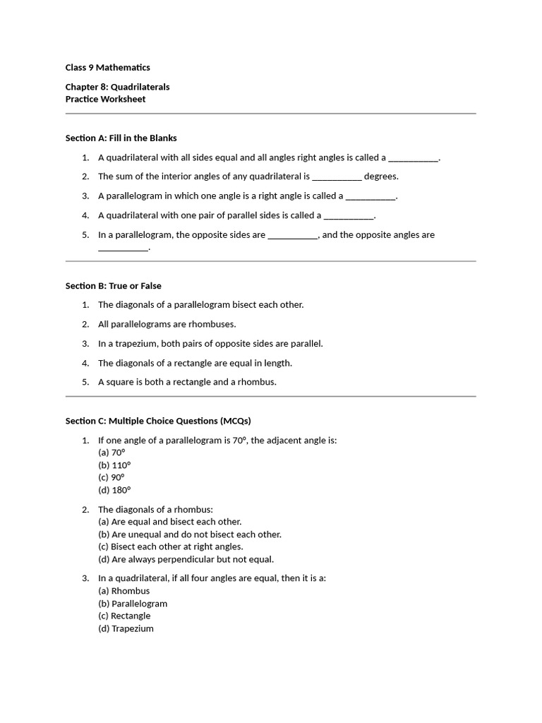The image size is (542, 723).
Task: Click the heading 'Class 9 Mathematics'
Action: (107, 68)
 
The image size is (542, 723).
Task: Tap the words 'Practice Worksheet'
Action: (105, 100)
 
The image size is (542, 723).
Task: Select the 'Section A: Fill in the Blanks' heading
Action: (121, 138)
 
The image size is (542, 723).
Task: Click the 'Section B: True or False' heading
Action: (113, 286)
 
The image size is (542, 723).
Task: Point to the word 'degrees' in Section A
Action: (381, 177)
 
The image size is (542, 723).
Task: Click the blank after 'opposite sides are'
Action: (293, 235)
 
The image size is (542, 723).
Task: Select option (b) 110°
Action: (114, 465)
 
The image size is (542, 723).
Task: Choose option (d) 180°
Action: (114, 490)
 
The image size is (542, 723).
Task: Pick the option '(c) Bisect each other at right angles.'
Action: (170, 546)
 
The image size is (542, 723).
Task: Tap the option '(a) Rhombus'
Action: (124, 591)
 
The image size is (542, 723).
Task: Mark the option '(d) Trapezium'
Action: (126, 628)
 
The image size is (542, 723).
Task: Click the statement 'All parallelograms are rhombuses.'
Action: (167, 324)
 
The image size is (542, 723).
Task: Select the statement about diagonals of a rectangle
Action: (195, 363)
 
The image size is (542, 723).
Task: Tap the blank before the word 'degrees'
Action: (337, 177)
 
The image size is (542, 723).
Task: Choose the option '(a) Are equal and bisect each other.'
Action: (169, 522)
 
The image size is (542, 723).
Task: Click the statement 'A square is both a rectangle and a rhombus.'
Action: (187, 382)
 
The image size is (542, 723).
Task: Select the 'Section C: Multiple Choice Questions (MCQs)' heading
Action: (158, 421)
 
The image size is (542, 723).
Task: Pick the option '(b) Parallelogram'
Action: (133, 604)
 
